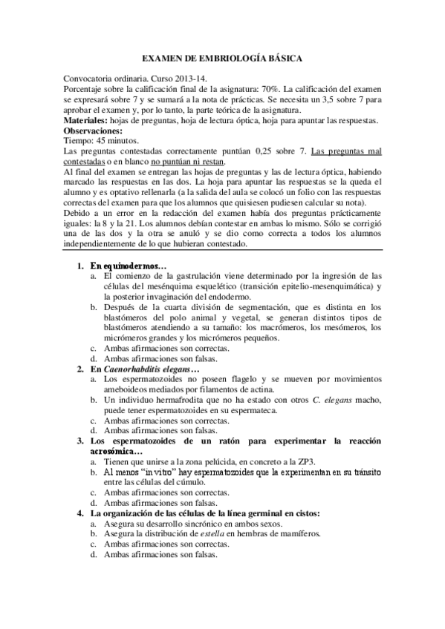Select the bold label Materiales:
coord(85,120)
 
